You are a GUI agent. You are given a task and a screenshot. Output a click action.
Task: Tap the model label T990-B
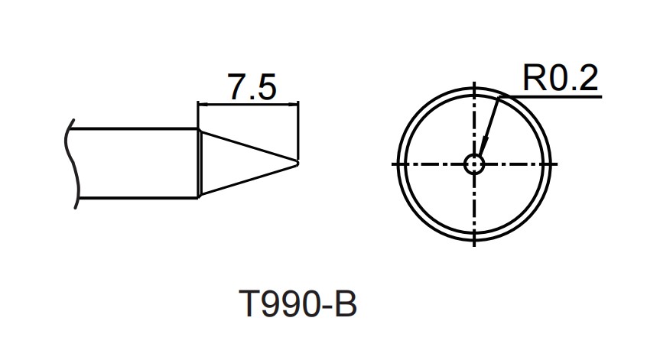(297, 306)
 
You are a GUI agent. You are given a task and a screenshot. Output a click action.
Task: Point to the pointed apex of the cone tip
(297, 161)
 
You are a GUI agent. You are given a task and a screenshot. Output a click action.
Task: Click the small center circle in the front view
(474, 164)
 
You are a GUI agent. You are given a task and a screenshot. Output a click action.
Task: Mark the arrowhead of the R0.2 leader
(483, 145)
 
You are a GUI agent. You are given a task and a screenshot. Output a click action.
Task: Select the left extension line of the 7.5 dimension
(198, 115)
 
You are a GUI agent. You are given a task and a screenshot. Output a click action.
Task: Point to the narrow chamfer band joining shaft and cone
(200, 163)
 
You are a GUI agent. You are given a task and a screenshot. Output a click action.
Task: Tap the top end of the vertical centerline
(474, 84)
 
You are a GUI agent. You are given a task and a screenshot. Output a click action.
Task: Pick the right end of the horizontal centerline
(557, 164)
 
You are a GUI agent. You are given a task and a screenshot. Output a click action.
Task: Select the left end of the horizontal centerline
(393, 164)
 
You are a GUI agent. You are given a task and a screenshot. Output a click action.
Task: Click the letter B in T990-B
(346, 306)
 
